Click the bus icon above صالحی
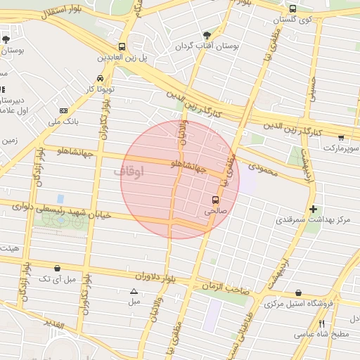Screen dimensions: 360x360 [x=215, y=200]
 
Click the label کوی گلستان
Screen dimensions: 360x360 [x=296, y=20]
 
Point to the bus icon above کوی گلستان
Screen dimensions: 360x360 [x=292, y=9]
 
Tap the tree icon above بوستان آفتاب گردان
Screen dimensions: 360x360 [x=206, y=34]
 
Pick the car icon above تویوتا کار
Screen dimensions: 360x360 [x=100, y=78]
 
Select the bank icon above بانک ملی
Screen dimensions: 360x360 [x=64, y=111]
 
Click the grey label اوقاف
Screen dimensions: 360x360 [x=127, y=171]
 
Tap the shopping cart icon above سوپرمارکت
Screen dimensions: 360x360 [x=341, y=139]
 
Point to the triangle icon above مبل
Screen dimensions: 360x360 [x=134, y=291]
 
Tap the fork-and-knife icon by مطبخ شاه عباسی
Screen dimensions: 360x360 [x=321, y=323]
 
